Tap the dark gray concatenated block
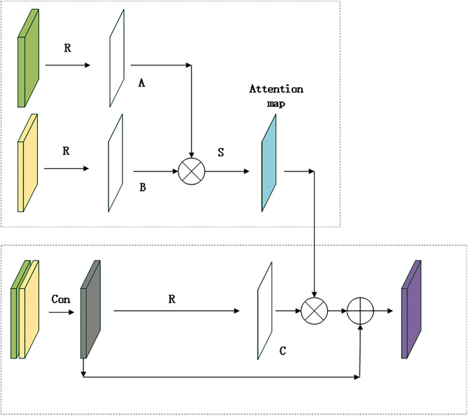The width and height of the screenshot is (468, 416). point(90,307)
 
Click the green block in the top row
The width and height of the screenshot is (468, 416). point(30,60)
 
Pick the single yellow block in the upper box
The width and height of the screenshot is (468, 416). point(30,161)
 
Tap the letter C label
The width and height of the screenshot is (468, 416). point(282,350)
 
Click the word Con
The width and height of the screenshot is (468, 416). point(61,298)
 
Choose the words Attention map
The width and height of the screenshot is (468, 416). point(276,95)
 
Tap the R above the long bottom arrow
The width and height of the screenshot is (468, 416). point(172,298)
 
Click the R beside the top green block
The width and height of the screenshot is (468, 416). point(66,48)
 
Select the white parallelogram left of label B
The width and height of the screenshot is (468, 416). point(114,163)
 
